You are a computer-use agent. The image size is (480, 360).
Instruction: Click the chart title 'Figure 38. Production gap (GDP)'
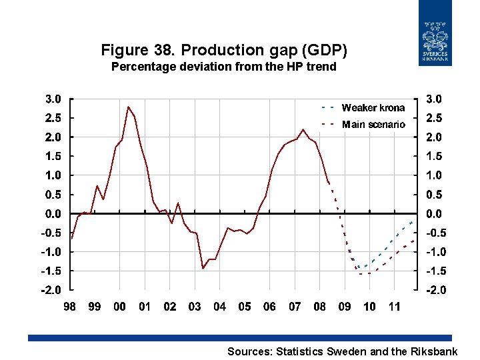coord(224,50)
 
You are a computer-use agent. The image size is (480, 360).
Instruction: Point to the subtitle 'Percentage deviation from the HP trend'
coord(224,67)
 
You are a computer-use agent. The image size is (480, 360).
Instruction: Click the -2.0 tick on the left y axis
coord(52,290)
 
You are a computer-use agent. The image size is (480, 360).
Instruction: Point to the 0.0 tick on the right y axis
coord(433,214)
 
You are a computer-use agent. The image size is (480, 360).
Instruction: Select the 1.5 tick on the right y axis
coord(433,156)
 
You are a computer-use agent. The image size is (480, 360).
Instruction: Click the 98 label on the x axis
coord(69,307)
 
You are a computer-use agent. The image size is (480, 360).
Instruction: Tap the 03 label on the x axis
coord(195,307)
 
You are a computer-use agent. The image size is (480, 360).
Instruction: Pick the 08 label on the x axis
coord(320,307)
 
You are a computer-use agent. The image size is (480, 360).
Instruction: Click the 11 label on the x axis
coord(395,307)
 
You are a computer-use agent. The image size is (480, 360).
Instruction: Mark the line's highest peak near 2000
coord(128,107)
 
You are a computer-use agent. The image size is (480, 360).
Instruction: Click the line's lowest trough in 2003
coord(203,269)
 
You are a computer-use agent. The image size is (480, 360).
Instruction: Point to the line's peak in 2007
coord(303,129)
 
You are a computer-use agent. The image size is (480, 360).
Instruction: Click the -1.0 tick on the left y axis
coord(52,252)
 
